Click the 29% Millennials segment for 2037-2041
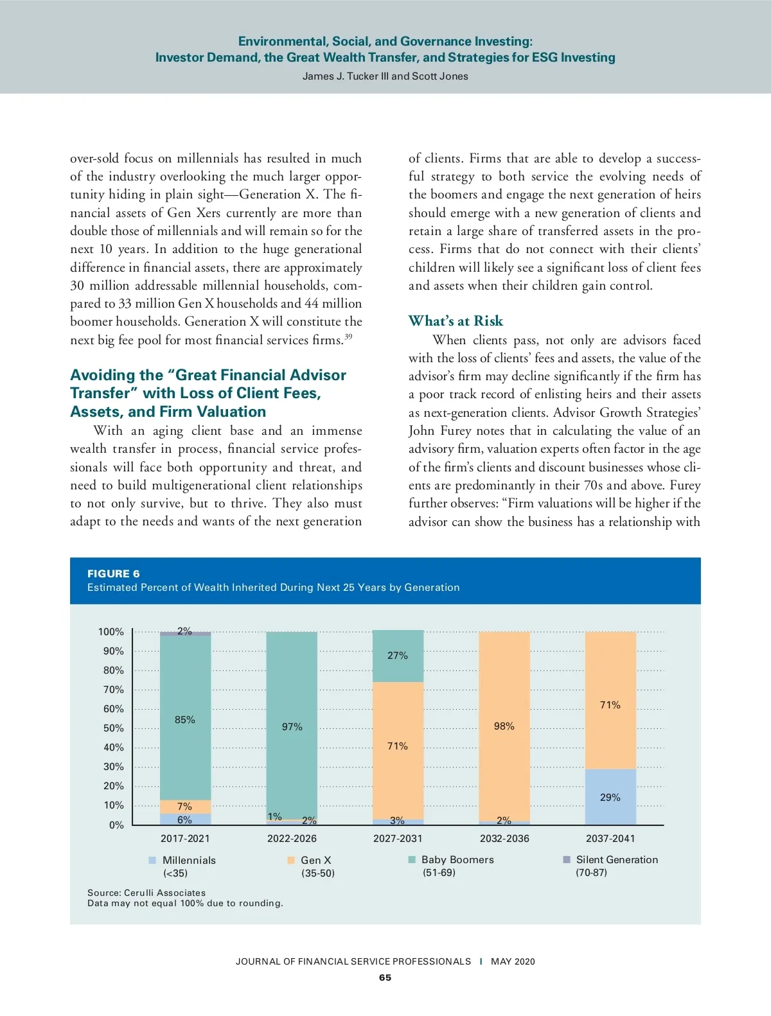610,797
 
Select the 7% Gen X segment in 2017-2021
185,807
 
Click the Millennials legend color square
152,860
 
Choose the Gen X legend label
316,860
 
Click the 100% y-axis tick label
111,632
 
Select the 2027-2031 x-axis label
398,838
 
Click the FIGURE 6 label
113,574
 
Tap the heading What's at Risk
456,321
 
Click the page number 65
385,977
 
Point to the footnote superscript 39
348,337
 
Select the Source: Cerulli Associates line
146,893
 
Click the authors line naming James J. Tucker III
385,76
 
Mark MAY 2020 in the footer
513,961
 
